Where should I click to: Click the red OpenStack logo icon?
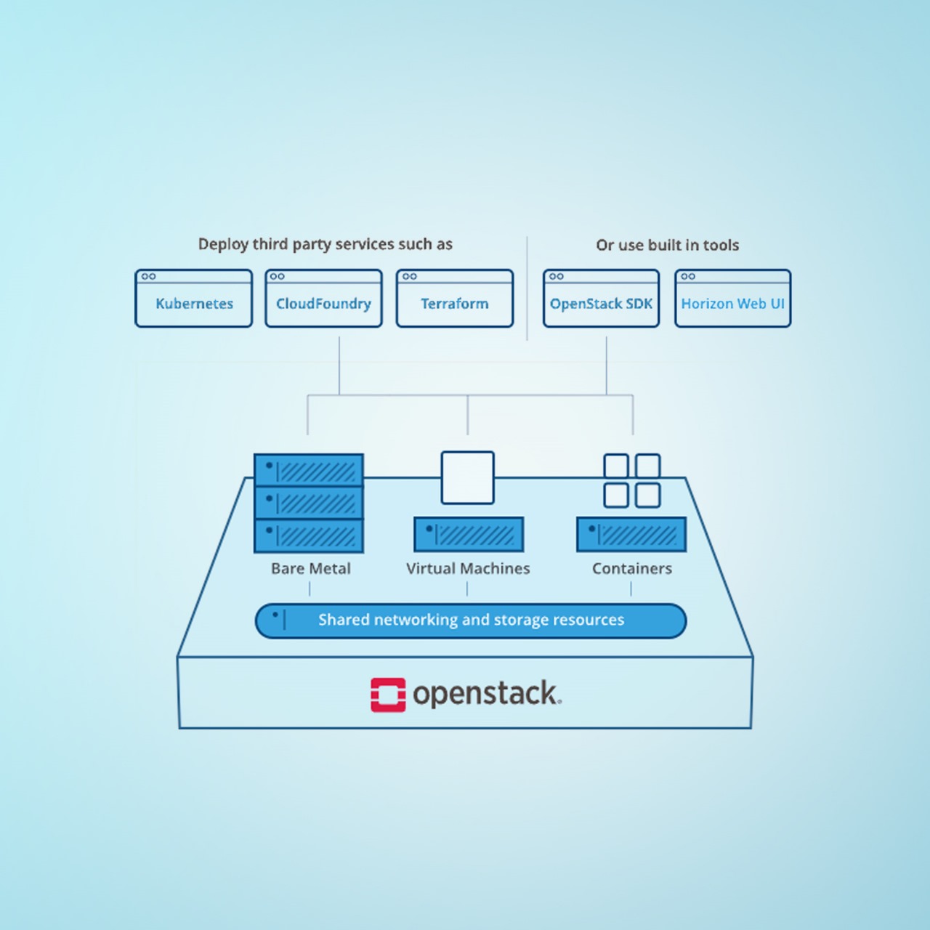(388, 695)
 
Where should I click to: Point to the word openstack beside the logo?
(486, 694)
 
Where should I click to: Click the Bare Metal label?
(310, 568)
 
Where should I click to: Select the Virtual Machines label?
(468, 568)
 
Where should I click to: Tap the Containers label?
(631, 568)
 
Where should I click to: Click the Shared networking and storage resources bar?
(471, 620)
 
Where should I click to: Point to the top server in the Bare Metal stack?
(309, 470)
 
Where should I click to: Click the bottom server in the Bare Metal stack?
(309, 535)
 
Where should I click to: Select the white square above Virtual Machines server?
(468, 477)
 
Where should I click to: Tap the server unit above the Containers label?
(631, 535)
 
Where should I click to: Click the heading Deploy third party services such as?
(325, 244)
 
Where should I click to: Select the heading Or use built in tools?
(667, 245)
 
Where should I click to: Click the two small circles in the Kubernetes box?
(149, 276)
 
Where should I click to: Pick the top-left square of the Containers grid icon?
(616, 466)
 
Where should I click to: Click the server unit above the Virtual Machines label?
(469, 535)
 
